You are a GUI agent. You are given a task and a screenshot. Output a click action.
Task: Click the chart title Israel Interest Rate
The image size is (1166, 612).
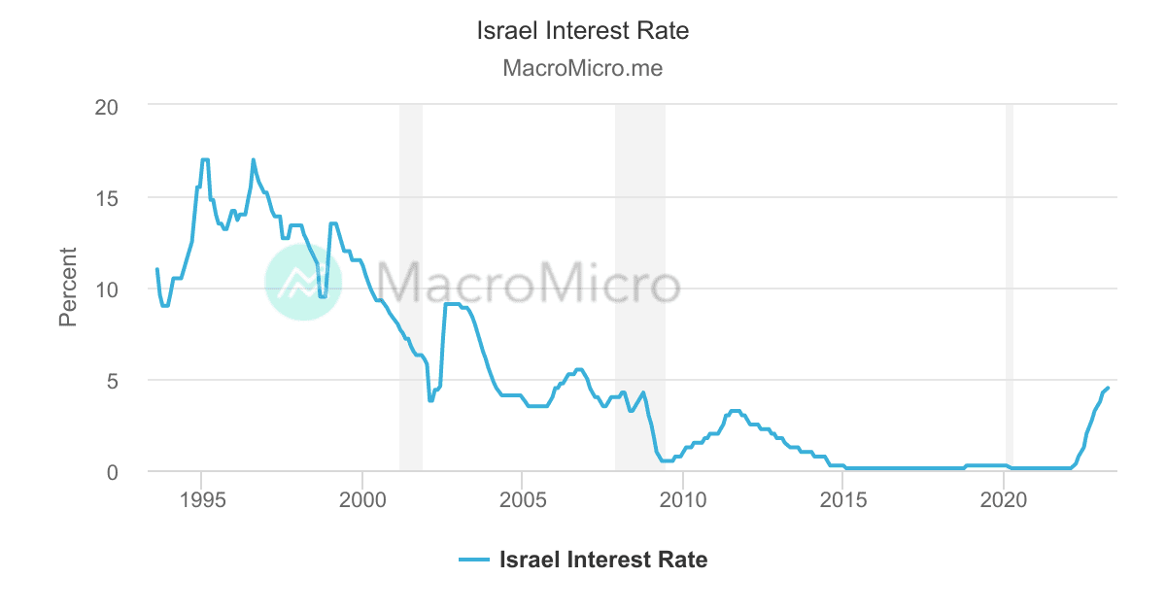[x=583, y=31]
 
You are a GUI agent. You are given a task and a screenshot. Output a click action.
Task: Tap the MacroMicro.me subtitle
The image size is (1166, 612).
[x=583, y=69]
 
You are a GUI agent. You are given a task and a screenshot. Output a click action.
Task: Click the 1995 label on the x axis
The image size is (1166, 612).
[x=201, y=500]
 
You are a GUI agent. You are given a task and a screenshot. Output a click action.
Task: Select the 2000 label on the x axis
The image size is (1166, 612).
[x=361, y=500]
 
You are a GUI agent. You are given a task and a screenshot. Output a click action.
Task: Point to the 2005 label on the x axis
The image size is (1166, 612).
[x=522, y=500]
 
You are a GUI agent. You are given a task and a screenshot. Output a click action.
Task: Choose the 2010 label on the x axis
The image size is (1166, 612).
[x=683, y=500]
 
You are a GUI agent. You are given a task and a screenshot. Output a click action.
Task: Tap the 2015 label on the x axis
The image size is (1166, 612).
[x=843, y=500]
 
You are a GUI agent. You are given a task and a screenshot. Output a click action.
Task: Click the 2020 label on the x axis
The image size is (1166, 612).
[x=1004, y=500]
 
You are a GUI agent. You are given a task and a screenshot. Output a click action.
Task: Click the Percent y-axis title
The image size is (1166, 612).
[x=68, y=288]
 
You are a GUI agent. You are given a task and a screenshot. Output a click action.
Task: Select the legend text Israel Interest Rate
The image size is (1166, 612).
[x=602, y=560]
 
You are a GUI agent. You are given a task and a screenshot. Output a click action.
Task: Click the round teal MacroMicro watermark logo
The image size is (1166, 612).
[x=303, y=282]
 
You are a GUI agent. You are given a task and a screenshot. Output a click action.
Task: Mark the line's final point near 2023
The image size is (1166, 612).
[x=1108, y=388]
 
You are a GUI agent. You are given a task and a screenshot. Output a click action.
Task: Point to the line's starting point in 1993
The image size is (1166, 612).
[x=156, y=269]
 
